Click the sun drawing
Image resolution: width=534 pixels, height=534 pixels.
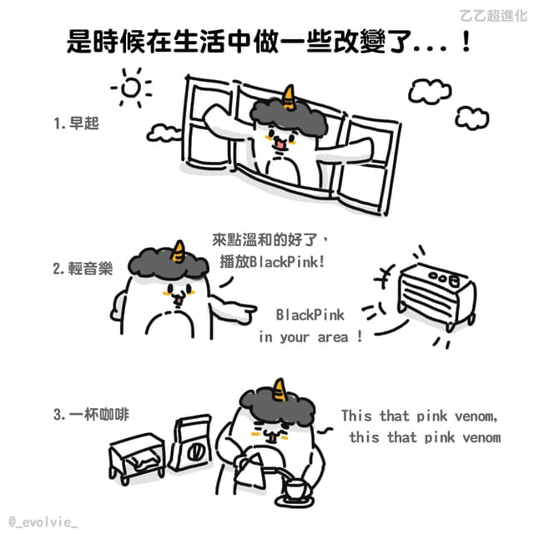(x=131, y=87)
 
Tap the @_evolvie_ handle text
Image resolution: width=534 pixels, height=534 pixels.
(x=43, y=522)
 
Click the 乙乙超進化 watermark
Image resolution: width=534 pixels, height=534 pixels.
(x=493, y=16)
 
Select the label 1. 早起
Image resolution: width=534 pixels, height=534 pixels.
(x=76, y=123)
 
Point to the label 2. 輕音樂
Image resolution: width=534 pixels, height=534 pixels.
(x=83, y=269)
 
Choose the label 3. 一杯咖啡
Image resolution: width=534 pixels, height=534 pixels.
(x=91, y=415)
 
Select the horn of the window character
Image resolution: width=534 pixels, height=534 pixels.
(x=289, y=97)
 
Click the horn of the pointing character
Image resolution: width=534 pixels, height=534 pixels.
(x=179, y=252)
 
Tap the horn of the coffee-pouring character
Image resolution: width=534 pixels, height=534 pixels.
(x=280, y=390)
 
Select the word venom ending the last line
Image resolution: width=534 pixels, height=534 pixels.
(x=481, y=437)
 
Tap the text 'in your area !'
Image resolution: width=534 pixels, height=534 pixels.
(x=310, y=337)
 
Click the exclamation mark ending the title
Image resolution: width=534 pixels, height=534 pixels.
(x=466, y=41)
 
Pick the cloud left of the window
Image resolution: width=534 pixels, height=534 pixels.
(x=164, y=133)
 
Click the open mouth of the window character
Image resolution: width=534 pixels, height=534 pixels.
(x=280, y=144)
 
